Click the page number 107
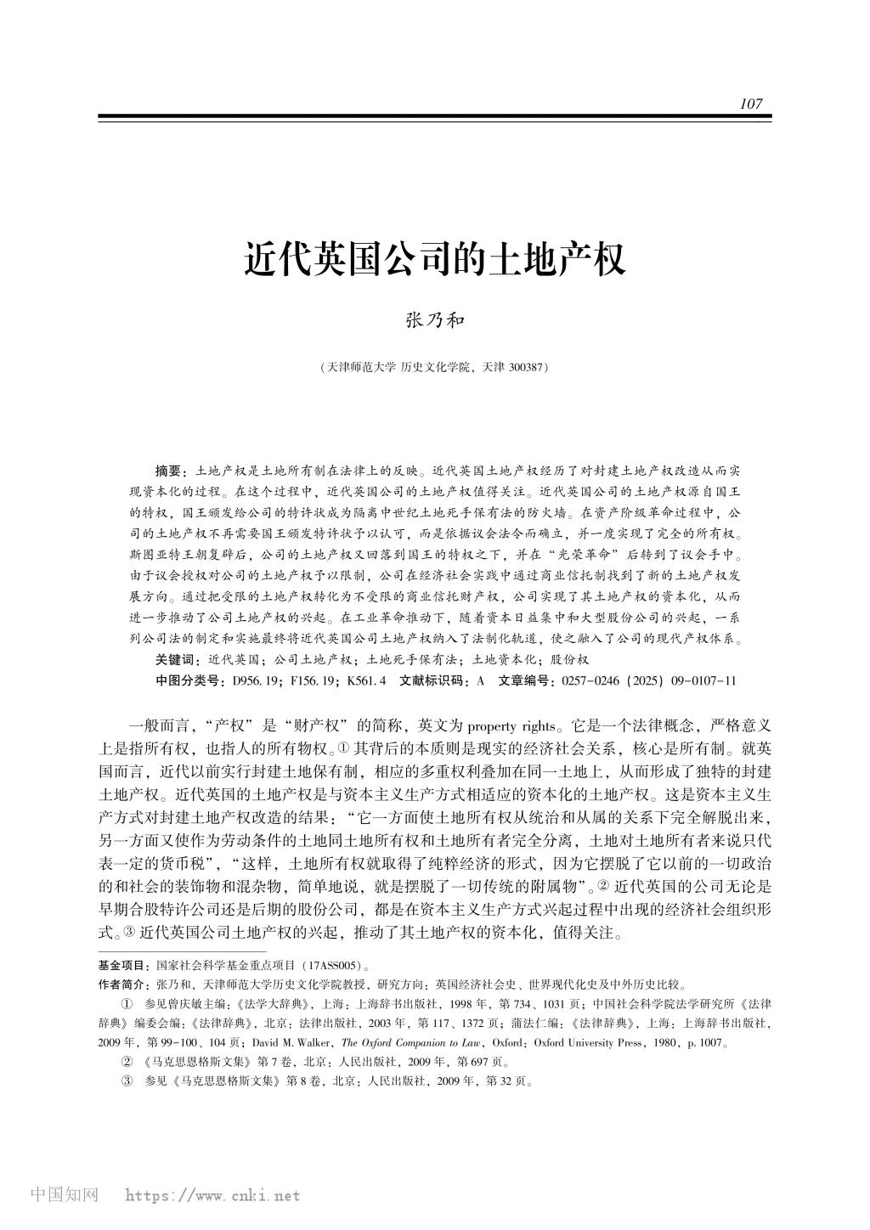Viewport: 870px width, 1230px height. pos(751,104)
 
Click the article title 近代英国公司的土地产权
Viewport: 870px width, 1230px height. pos(435,258)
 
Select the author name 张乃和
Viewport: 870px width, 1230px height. pos(434,321)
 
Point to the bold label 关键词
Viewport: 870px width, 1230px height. pos(175,660)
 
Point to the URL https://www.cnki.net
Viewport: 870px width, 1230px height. pos(212,1196)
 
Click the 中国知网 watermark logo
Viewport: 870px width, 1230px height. pos(64,1195)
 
